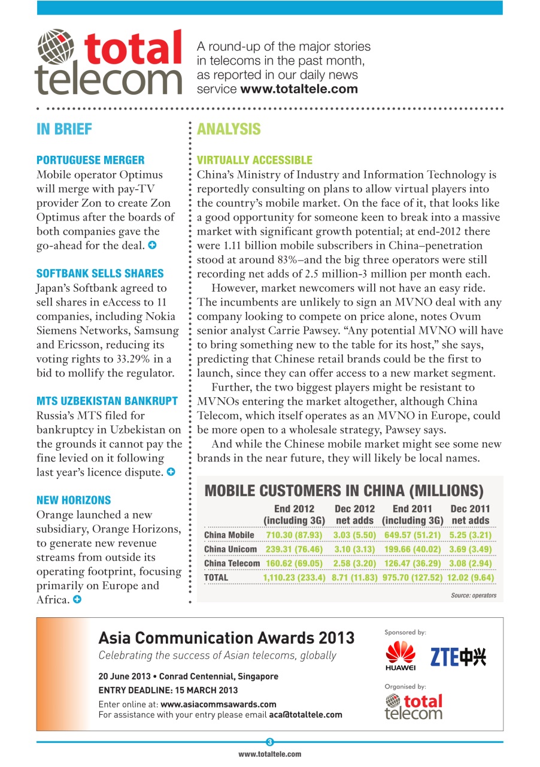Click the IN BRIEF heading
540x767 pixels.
pyautogui.click(x=64, y=129)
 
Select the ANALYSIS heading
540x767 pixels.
pyautogui.click(x=229, y=129)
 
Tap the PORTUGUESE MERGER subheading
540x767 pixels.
pyautogui.click(x=90, y=160)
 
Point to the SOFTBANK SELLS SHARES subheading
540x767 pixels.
pyautogui.click(x=100, y=274)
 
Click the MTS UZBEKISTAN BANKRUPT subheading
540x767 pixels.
pyautogui.click(x=107, y=401)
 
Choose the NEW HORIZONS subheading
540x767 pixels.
pyautogui.click(x=74, y=500)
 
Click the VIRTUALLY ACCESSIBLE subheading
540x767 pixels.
pyautogui.click(x=254, y=160)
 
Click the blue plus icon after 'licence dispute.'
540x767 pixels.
pyautogui.click(x=171, y=472)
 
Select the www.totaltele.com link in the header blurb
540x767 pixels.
pyautogui.click(x=299, y=89)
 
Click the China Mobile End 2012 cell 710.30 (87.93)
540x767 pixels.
pyautogui.click(x=294, y=535)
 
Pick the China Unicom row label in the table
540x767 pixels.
pyautogui.click(x=230, y=549)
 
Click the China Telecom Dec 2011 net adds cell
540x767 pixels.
pyautogui.click(x=470, y=563)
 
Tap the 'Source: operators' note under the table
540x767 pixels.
pyautogui.click(x=473, y=596)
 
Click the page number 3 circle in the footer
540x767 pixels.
pyautogui.click(x=269, y=742)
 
